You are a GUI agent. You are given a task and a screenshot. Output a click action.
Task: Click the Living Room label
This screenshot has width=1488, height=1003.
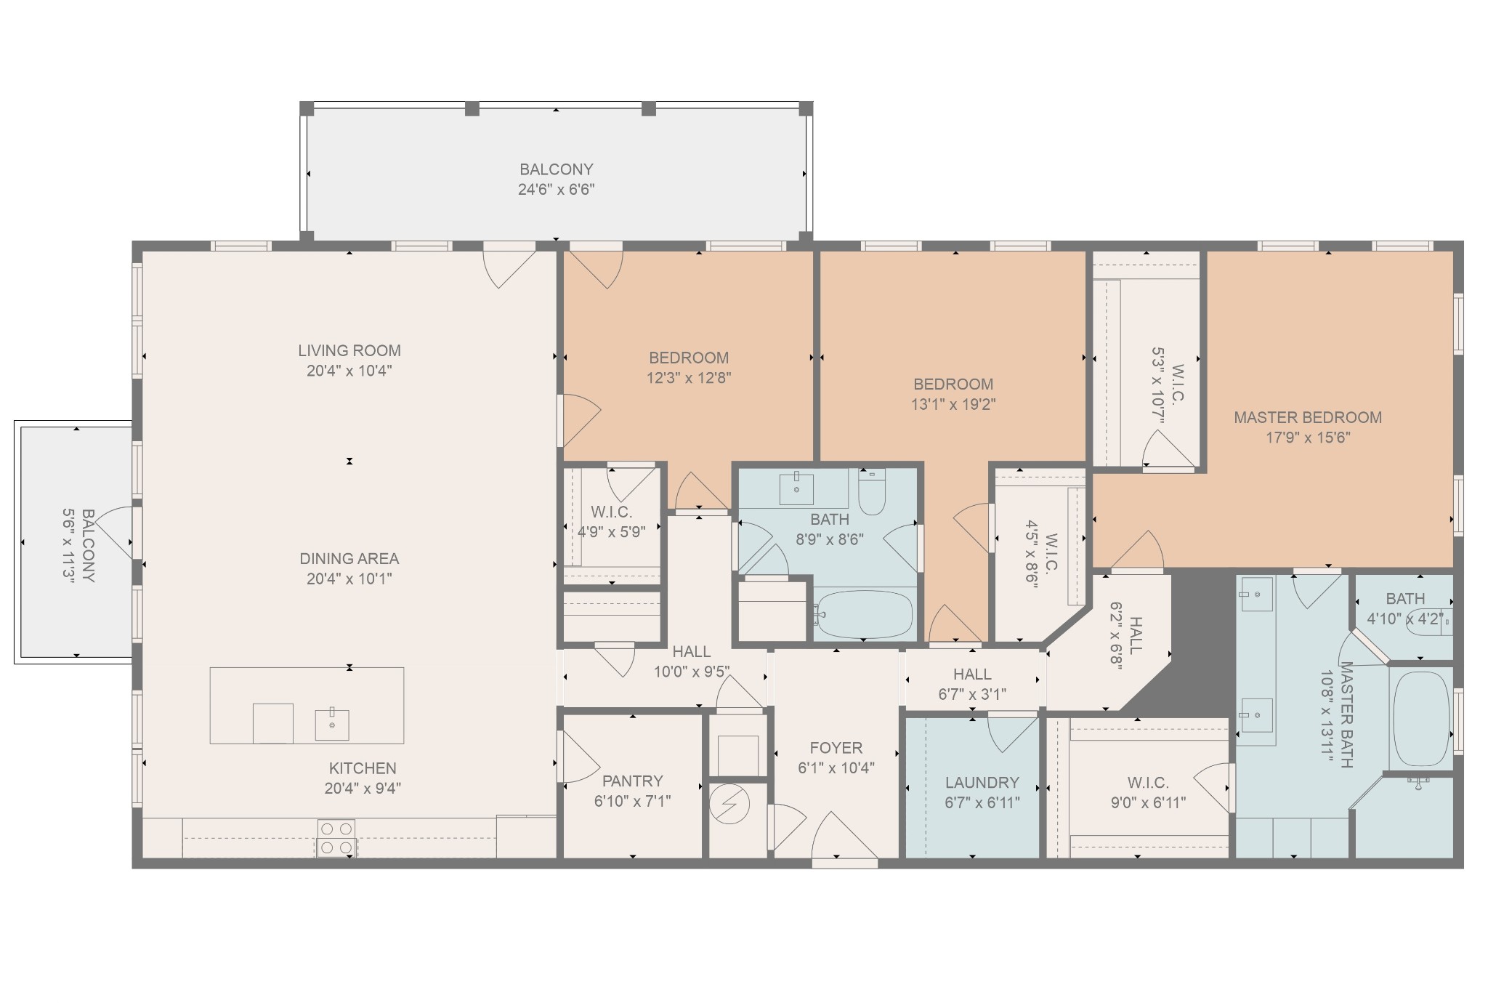point(349,350)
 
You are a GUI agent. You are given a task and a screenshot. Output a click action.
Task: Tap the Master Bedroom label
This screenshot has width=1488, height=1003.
point(1308,417)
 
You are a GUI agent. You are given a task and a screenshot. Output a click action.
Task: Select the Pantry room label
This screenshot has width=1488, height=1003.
point(633,781)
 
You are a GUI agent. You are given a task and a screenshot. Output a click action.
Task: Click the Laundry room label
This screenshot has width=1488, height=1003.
point(982,782)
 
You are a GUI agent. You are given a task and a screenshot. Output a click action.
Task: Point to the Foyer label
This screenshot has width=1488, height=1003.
point(836,747)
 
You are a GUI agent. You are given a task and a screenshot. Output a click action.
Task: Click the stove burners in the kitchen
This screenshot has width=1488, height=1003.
point(336,838)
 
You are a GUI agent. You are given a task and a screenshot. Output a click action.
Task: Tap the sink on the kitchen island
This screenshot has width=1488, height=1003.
point(332,724)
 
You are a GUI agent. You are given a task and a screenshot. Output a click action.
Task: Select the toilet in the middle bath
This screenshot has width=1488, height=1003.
point(872,490)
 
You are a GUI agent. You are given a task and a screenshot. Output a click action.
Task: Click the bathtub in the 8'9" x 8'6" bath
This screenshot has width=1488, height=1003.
point(863,615)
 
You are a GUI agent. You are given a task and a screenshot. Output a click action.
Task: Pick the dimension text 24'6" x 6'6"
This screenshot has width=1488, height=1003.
point(557,190)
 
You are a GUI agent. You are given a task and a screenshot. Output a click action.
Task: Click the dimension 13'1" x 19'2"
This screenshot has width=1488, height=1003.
point(953,404)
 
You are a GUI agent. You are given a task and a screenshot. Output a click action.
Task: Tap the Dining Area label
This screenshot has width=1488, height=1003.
point(349,558)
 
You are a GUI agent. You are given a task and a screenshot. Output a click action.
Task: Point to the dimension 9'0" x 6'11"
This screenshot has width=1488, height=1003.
point(1148,802)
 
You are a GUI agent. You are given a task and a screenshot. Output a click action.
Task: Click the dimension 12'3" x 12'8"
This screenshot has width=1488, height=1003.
point(689,378)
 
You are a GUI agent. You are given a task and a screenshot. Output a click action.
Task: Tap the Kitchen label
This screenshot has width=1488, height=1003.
point(363,768)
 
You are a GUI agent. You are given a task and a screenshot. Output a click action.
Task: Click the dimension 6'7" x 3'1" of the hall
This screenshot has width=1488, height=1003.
point(972,694)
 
